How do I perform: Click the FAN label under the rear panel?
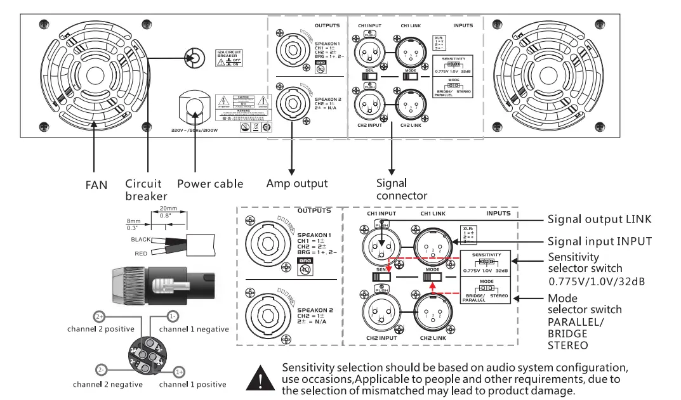tap(96, 186)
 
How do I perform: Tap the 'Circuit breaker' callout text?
tap(146, 190)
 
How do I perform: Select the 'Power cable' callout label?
tap(210, 184)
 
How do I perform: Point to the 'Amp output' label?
tap(297, 183)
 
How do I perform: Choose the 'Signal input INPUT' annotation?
tap(599, 241)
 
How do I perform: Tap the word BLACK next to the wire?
tap(141, 240)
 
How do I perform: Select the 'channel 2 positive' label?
tap(101, 329)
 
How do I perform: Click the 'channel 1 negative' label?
tap(194, 329)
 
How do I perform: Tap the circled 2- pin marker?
tap(102, 370)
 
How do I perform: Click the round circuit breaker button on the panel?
tap(195, 59)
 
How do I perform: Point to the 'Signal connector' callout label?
tap(401, 190)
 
